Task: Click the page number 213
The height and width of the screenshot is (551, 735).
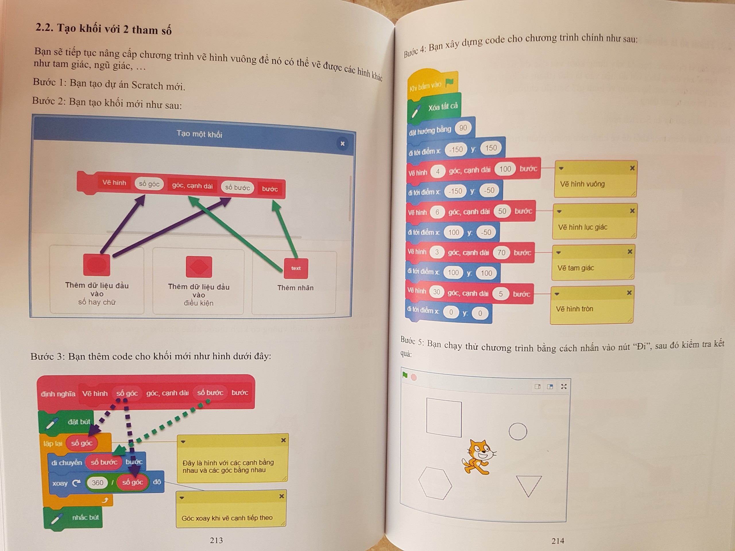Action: coord(216,540)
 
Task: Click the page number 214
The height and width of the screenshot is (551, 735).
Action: coord(558,541)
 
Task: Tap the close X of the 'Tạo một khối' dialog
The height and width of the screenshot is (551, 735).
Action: coord(343,143)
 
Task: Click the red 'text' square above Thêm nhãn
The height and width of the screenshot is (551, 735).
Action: coord(296,268)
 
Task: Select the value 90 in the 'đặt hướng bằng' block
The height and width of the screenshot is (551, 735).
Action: coord(463,128)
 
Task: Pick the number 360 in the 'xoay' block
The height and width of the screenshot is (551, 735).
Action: coord(97,483)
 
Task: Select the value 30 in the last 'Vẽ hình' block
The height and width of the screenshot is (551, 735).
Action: coord(436,292)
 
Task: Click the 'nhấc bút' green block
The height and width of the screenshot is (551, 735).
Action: coord(73,518)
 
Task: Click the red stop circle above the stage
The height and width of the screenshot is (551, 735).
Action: coord(414,377)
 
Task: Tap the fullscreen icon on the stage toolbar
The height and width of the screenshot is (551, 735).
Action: coord(564,387)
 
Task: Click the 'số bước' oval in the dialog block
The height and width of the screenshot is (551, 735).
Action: coord(237,188)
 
